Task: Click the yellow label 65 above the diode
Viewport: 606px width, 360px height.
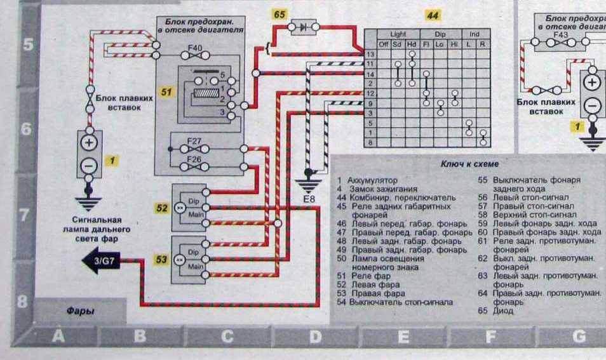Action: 279,14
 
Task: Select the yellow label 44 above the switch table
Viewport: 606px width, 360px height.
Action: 433,14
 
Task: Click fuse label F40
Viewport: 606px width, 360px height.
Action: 195,47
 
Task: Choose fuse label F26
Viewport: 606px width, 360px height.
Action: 194,159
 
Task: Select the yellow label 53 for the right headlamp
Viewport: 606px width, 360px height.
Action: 162,259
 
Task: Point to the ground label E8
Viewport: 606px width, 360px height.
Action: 309,200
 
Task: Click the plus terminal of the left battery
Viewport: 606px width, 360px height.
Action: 89,142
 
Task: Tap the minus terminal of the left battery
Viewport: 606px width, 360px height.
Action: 89,166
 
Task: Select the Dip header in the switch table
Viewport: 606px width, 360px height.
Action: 440,33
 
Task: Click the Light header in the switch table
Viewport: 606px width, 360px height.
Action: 398,33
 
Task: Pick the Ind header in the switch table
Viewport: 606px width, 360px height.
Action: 475,33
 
